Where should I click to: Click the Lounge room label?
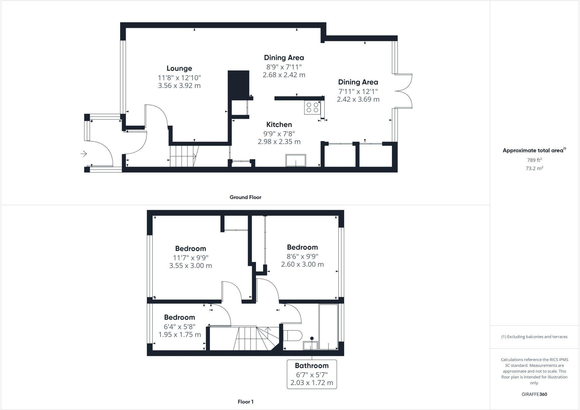tap(179, 68)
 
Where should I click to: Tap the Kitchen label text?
tap(279, 124)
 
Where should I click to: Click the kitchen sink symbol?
tap(296, 160)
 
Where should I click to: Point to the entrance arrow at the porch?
tap(84, 154)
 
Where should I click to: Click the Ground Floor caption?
tap(245, 197)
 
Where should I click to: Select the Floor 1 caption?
tap(246, 402)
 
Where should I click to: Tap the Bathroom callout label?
tap(312, 366)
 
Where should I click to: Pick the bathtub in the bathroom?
tap(329, 327)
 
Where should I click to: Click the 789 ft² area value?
tap(534, 160)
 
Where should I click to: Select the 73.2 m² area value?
tap(534, 168)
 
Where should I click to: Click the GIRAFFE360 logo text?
tap(534, 394)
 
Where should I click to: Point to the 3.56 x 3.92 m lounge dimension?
tap(179, 86)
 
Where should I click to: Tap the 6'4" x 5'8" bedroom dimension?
tap(180, 327)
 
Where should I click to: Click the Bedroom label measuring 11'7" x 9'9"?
tap(190, 249)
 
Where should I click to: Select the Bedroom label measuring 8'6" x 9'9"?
tap(302, 247)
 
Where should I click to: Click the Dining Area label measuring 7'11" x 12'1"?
tap(358, 82)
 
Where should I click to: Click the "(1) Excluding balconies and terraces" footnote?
tap(534, 337)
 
